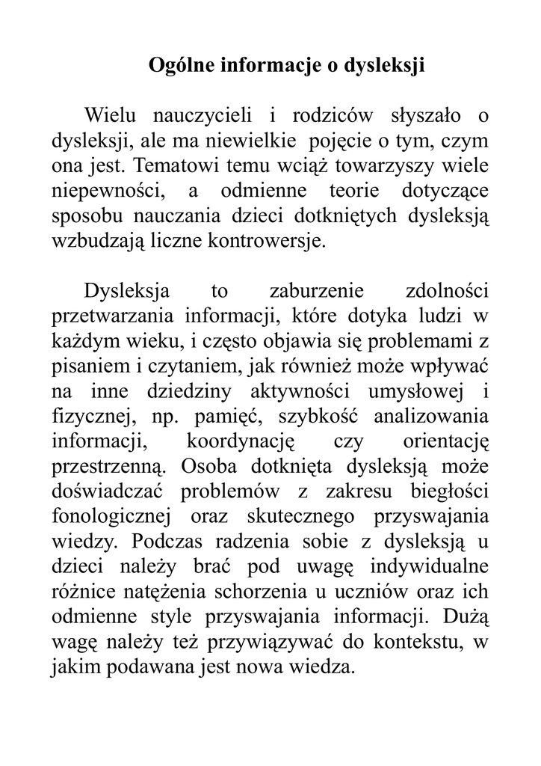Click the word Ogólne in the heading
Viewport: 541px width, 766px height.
[x=180, y=66]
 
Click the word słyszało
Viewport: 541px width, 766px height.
[x=427, y=116]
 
